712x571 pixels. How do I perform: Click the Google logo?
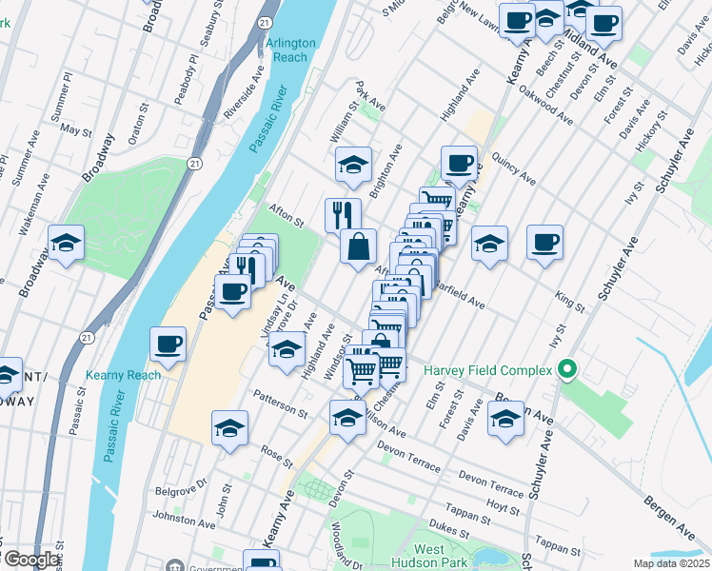click(x=31, y=560)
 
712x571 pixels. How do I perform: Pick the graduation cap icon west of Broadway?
click(x=66, y=244)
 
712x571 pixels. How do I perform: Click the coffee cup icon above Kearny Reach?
click(x=168, y=344)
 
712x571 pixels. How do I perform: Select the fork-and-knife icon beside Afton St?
click(x=343, y=213)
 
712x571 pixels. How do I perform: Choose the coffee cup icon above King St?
click(x=544, y=242)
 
